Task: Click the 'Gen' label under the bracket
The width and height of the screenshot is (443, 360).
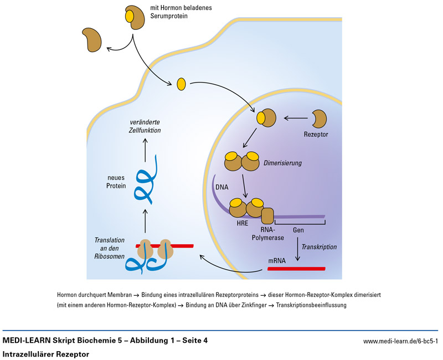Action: tap(298, 229)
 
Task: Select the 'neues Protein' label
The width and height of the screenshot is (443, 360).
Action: tap(116, 182)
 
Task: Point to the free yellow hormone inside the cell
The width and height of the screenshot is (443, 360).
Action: tap(181, 84)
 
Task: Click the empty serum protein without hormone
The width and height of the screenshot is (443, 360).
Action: tap(92, 40)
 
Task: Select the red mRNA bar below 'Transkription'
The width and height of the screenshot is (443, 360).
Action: tap(296, 269)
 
